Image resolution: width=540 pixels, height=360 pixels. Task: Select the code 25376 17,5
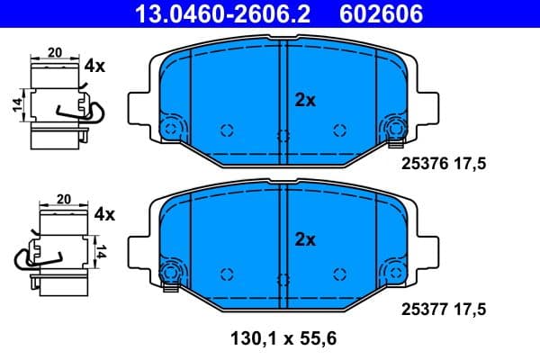tap(442, 164)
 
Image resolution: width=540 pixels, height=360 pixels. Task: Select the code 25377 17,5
tap(442, 309)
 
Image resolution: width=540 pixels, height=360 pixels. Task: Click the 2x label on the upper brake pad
tap(305, 101)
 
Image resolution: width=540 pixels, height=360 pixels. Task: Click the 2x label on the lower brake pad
tap(305, 240)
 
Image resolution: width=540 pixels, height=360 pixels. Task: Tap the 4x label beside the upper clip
tap(94, 66)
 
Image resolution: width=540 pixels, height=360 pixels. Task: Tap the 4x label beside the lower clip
tap(104, 214)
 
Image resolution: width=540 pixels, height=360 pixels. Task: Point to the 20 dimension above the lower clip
tap(64, 200)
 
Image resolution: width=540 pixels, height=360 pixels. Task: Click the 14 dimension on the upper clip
tap(17, 106)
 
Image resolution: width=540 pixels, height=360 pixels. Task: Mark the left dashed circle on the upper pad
tap(227, 130)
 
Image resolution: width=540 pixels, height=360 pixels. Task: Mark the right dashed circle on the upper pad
tap(339, 130)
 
